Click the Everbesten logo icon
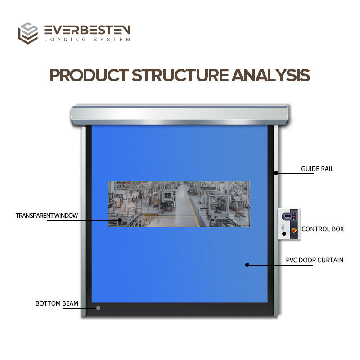[28, 33]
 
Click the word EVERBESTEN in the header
[87, 30]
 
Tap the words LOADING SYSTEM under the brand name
[87, 40]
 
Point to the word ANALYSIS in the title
[271, 75]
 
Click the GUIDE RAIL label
[317, 169]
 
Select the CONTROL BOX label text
[323, 229]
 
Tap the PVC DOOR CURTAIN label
[315, 260]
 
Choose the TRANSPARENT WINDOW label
[47, 216]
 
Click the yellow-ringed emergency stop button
[294, 230]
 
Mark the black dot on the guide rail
[275, 173]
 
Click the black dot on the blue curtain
[247, 265]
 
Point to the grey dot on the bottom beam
[98, 308]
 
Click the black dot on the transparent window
[120, 220]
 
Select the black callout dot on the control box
[284, 233]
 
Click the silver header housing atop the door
[179, 114]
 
